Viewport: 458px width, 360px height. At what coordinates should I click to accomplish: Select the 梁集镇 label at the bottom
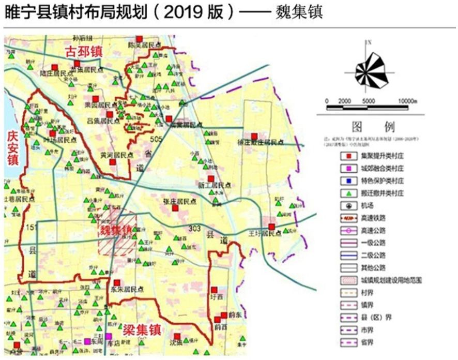click(x=141, y=329)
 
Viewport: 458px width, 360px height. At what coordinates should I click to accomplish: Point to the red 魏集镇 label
click(x=116, y=231)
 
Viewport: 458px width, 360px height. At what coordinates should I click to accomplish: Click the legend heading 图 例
click(x=372, y=127)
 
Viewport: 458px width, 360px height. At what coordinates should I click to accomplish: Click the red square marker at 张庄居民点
click(x=175, y=208)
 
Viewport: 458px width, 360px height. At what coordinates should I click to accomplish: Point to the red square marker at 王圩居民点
click(x=272, y=226)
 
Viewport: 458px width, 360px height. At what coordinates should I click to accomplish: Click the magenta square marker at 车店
click(x=109, y=336)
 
